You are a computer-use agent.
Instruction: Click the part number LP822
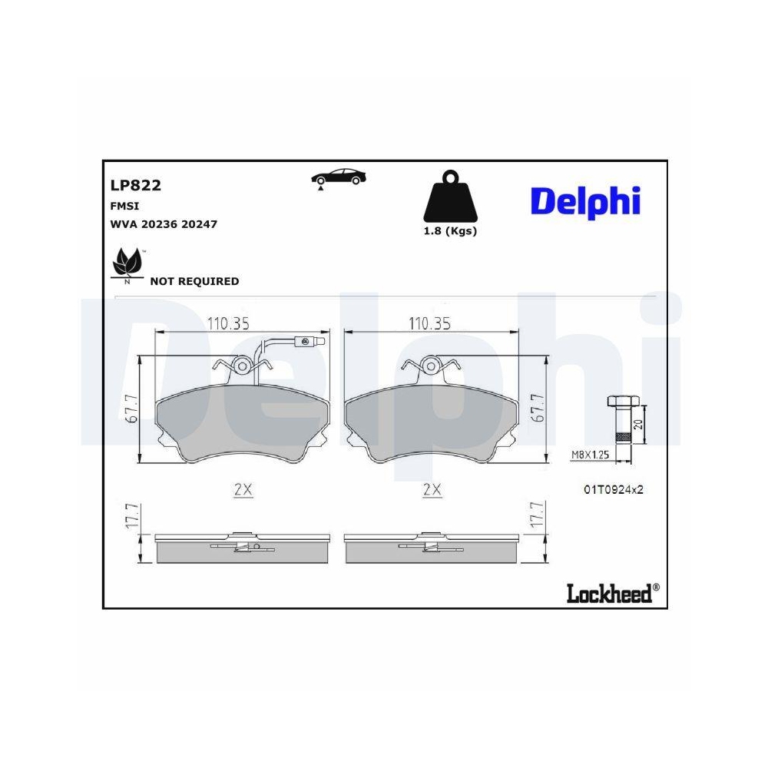click(x=135, y=185)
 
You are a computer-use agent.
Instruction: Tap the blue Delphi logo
click(x=584, y=201)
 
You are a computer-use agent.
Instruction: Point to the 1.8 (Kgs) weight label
click(x=450, y=231)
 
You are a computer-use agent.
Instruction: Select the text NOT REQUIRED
click(x=194, y=281)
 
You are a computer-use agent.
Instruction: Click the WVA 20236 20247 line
click(x=164, y=224)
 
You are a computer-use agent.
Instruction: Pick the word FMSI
click(x=124, y=207)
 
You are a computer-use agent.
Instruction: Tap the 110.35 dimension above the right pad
click(x=429, y=324)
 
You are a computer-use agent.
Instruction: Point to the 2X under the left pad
click(x=243, y=489)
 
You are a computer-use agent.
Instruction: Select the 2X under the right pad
click(x=432, y=489)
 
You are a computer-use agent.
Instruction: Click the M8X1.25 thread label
click(x=589, y=455)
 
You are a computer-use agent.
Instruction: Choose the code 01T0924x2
click(x=612, y=489)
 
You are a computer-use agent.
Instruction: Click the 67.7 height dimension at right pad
click(x=538, y=409)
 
